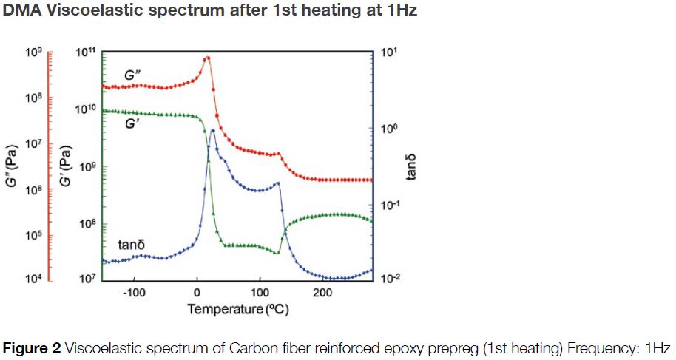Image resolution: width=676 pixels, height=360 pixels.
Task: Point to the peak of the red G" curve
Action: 208,58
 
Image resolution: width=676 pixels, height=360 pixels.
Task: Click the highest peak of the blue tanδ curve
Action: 213,131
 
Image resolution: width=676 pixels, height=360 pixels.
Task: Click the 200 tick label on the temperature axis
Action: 322,292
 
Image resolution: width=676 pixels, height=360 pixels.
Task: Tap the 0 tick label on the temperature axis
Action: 197,292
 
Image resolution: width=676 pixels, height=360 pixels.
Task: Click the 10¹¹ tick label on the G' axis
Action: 87,52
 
